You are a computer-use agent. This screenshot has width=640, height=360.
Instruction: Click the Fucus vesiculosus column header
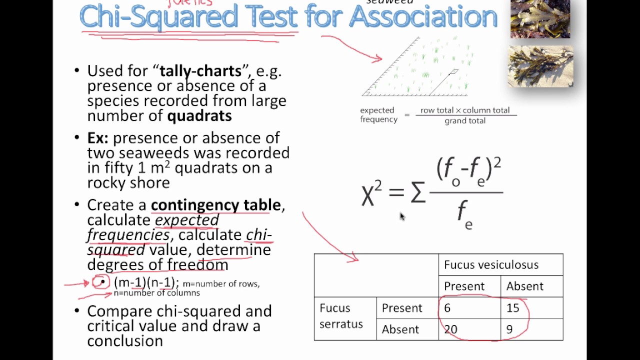click(x=491, y=264)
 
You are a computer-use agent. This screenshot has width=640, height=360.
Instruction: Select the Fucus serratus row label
click(x=341, y=316)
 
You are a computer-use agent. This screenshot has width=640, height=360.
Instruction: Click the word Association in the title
click(x=423, y=17)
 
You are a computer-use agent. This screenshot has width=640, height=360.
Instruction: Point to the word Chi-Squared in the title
click(x=159, y=17)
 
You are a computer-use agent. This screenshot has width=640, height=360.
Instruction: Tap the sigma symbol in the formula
click(x=418, y=193)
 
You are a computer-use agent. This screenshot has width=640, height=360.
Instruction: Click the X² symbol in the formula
click(x=371, y=193)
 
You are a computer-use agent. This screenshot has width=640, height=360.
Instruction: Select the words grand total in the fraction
click(x=465, y=121)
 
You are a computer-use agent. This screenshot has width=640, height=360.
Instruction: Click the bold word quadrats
click(x=199, y=116)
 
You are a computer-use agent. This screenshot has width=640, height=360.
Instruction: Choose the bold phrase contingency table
click(x=215, y=205)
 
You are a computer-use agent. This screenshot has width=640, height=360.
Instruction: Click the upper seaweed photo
click(x=540, y=18)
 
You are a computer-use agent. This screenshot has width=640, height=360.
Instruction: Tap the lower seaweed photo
click(x=540, y=66)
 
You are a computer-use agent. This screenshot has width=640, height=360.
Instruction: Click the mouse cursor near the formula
click(x=401, y=216)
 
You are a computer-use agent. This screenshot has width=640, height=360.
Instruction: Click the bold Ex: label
click(x=97, y=138)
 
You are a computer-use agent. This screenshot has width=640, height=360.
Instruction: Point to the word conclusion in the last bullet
click(x=125, y=341)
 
